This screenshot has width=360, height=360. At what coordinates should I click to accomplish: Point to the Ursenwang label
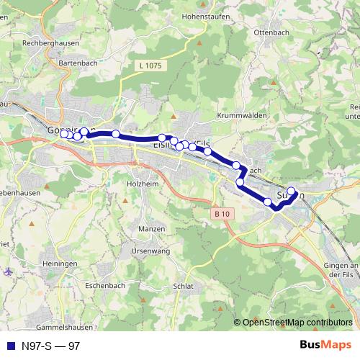point(150,251)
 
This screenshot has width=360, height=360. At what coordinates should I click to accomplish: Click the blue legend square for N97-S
point(9,346)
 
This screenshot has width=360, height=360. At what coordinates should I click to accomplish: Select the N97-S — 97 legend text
point(50,346)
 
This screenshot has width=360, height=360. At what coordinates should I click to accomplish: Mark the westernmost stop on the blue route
point(64,133)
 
